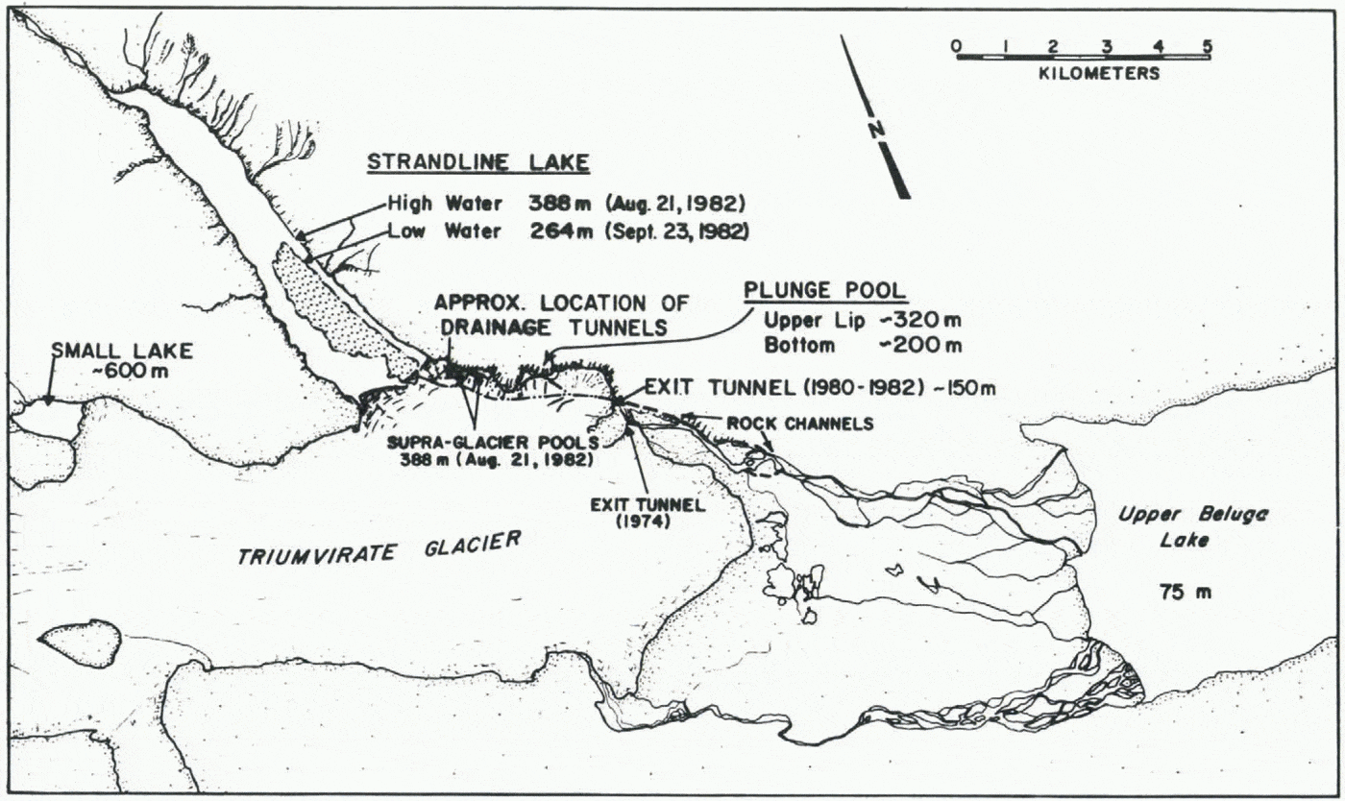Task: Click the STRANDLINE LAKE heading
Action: click(x=477, y=163)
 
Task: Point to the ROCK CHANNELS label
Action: click(x=799, y=423)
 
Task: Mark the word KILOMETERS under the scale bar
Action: click(x=1099, y=73)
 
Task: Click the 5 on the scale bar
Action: click(x=1208, y=45)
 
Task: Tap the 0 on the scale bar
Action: click(x=955, y=45)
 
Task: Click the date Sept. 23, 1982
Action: click(x=700, y=231)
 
